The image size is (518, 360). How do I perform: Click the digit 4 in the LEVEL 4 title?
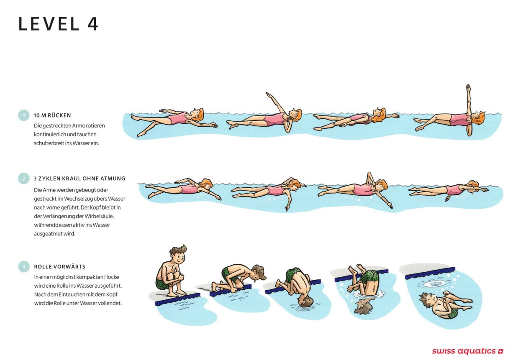point(93,24)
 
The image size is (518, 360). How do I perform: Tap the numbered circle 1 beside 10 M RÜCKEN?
point(23,115)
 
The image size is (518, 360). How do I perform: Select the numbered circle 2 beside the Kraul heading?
point(23,179)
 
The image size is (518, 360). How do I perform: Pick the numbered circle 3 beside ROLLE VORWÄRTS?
point(24,266)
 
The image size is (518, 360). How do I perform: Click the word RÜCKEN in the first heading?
point(59,115)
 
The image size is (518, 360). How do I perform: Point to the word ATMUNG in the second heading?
point(113,179)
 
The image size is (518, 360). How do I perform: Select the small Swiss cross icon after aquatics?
point(500,352)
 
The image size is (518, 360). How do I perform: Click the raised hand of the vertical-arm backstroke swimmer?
point(468,88)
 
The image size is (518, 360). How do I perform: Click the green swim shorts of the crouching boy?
point(162,284)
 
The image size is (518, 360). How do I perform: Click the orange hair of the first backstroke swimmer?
point(199,115)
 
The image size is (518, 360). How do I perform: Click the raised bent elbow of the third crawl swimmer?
point(369,176)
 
